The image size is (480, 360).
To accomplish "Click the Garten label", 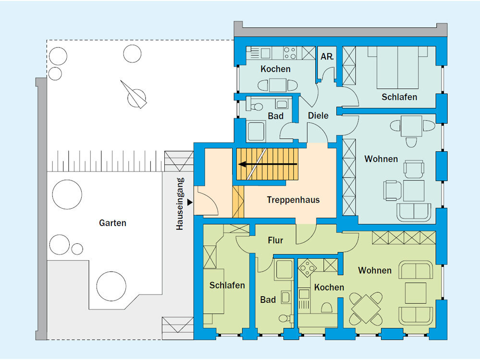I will point(112,223).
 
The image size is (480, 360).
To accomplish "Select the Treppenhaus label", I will point(293,200).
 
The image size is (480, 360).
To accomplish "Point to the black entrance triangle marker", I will point(190,203).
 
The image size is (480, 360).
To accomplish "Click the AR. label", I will point(327,56).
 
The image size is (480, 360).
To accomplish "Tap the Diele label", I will point(318,115).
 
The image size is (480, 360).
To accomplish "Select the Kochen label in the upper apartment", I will point(275,69).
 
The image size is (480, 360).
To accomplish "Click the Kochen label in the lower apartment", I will point(329,287).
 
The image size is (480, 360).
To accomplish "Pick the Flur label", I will point(275,240).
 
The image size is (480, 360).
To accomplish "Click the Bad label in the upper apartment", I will point(275,116).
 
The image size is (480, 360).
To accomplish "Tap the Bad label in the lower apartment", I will point(268,300).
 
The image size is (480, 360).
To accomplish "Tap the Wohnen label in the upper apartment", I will point(381,159).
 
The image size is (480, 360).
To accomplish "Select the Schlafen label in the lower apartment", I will point(227,285).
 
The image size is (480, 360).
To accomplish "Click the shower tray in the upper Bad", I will point(256,131).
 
